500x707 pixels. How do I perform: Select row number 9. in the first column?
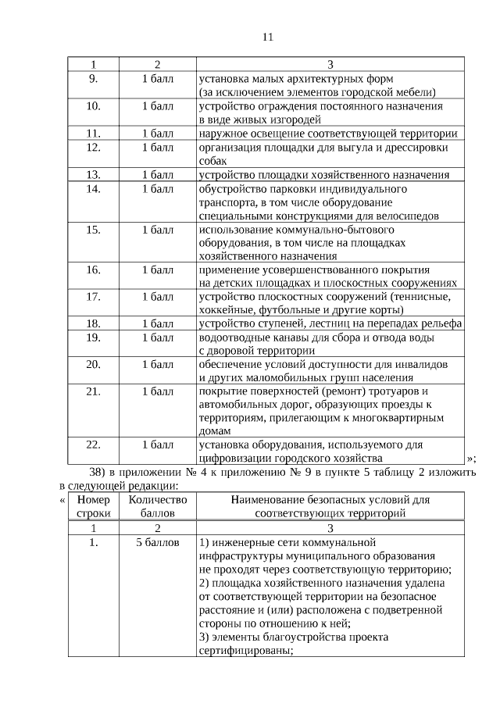pyautogui.click(x=94, y=79)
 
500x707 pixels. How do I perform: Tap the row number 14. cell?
pyautogui.click(x=94, y=189)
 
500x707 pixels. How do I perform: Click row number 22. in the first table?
pyautogui.click(x=94, y=445)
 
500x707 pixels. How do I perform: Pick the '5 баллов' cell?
pyautogui.click(x=157, y=541)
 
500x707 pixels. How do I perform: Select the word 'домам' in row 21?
pyautogui.click(x=215, y=430)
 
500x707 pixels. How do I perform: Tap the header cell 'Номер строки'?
pyautogui.click(x=94, y=506)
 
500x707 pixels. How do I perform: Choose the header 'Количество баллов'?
pyautogui.click(x=157, y=506)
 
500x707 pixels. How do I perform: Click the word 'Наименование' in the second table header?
pyautogui.click(x=270, y=499)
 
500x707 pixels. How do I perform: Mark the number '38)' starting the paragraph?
pyautogui.click(x=99, y=473)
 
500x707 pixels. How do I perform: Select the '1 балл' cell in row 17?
pyautogui.click(x=157, y=297)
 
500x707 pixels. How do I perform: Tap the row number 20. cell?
pyautogui.click(x=94, y=364)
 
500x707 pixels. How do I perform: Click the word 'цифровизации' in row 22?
pyautogui.click(x=235, y=458)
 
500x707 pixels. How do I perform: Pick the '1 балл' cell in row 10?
pyautogui.click(x=157, y=106)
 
